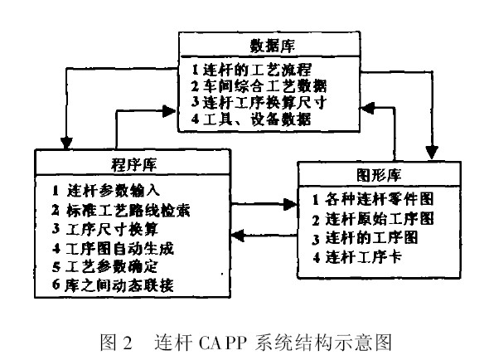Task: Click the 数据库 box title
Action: click(x=272, y=46)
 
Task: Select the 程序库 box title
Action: click(x=133, y=164)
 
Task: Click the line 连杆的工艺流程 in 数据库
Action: click(x=252, y=70)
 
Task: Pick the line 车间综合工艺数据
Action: click(x=259, y=86)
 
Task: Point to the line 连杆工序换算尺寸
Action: click(x=259, y=102)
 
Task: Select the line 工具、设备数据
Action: click(x=251, y=119)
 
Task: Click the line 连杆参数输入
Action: click(x=106, y=191)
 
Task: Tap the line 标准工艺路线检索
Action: click(x=121, y=211)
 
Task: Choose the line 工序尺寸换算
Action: click(x=105, y=229)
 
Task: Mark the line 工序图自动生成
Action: click(x=113, y=249)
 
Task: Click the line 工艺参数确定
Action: click(x=104, y=266)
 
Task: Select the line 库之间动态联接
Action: click(x=113, y=285)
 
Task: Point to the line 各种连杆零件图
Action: click(x=373, y=199)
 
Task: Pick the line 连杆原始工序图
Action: click(x=373, y=219)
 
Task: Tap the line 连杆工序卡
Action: click(x=357, y=258)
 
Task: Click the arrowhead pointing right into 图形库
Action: click(x=290, y=205)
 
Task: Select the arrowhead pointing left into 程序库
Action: click(x=237, y=235)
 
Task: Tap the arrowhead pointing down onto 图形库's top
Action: click(x=432, y=153)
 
